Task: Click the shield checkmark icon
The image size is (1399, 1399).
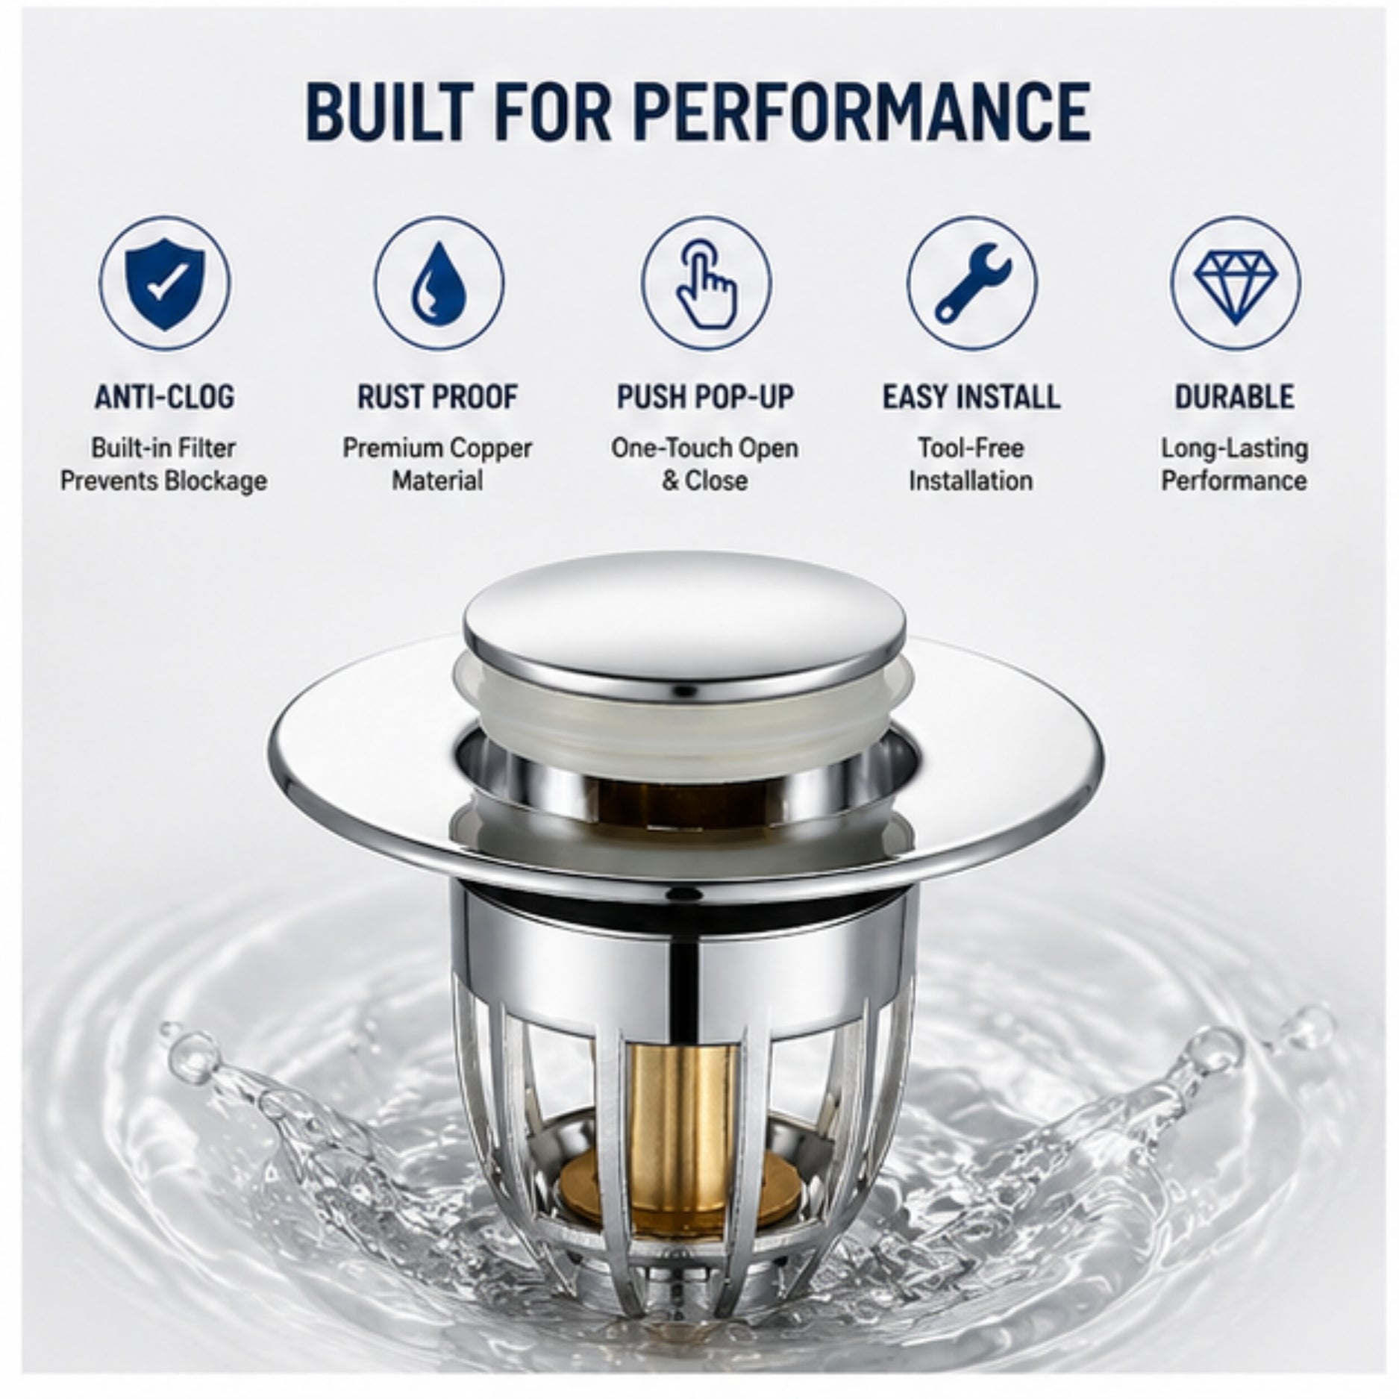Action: click(164, 283)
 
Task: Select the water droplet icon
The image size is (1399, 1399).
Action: click(438, 283)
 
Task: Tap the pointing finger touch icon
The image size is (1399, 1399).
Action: click(705, 284)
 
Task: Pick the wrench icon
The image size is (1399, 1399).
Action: click(971, 284)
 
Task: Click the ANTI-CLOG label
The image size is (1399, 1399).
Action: click(164, 396)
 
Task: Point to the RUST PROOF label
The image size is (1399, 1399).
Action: click(437, 396)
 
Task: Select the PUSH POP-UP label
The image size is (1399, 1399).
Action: click(705, 396)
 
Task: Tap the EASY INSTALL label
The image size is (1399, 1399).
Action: click(971, 396)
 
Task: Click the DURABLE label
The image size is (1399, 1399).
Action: click(1235, 396)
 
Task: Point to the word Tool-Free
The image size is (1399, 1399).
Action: click(971, 448)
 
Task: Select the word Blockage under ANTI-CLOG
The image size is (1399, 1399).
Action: click(215, 481)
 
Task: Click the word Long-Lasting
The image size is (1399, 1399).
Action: click(1235, 449)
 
